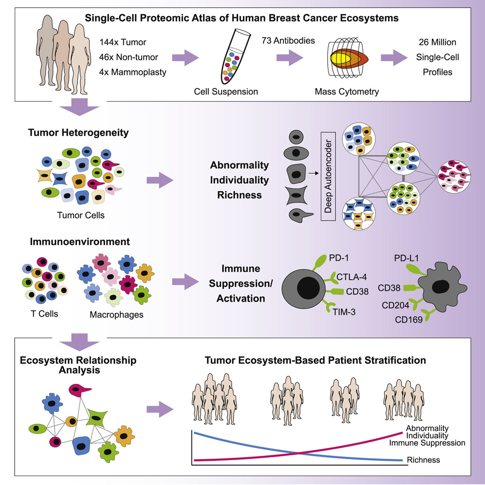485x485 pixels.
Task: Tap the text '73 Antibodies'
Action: pyautogui.click(x=288, y=40)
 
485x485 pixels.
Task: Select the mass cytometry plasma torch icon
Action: pyautogui.click(x=347, y=58)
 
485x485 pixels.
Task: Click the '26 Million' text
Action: pyautogui.click(x=437, y=42)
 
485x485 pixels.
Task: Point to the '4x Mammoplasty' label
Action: pyautogui.click(x=133, y=72)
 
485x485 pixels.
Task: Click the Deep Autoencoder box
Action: pyautogui.click(x=328, y=176)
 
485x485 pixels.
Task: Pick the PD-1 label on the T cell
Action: pyautogui.click(x=339, y=258)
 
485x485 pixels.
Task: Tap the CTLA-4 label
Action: pyautogui.click(x=352, y=277)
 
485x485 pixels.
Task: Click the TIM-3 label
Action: pyautogui.click(x=344, y=312)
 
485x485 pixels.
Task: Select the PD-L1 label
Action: pyautogui.click(x=406, y=258)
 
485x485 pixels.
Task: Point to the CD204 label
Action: pyautogui.click(x=395, y=305)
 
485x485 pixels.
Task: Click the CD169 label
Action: pyautogui.click(x=409, y=319)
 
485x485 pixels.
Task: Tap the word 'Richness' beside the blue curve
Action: pyautogui.click(x=423, y=460)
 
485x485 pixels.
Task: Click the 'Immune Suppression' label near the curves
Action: pyautogui.click(x=427, y=443)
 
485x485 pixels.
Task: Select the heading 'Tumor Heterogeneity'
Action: pyautogui.click(x=78, y=132)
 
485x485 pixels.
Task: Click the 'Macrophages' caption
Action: pyautogui.click(x=116, y=315)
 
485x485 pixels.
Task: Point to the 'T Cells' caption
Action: pyautogui.click(x=44, y=314)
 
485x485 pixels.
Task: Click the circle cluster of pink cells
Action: pyautogui.click(x=454, y=177)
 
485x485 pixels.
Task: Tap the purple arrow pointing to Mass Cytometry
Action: pyautogui.click(x=290, y=57)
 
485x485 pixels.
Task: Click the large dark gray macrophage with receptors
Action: pyautogui.click(x=442, y=287)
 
